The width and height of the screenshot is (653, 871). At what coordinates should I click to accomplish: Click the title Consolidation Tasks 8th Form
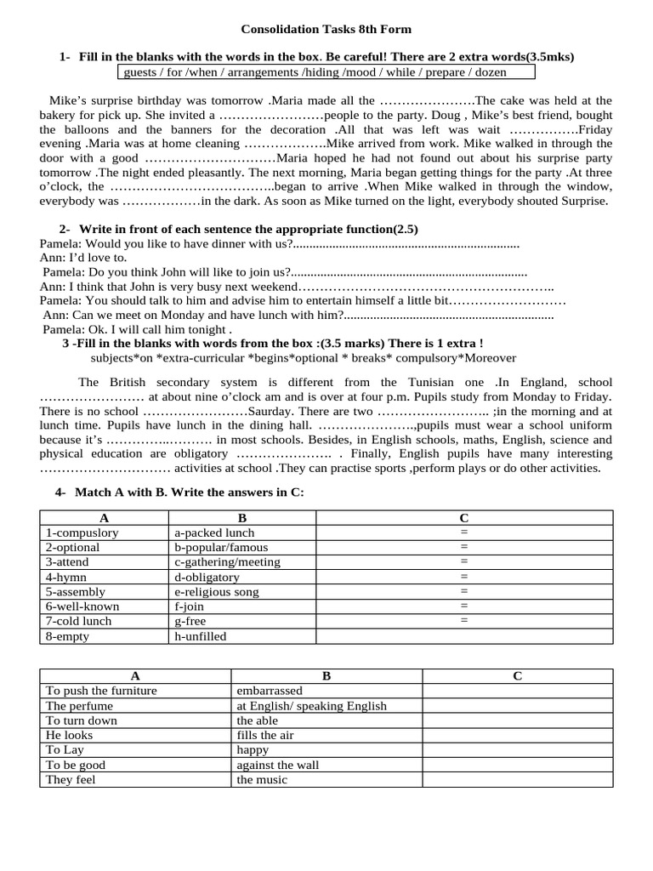pyautogui.click(x=326, y=29)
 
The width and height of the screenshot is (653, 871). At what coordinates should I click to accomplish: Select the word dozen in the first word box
pyautogui.click(x=490, y=72)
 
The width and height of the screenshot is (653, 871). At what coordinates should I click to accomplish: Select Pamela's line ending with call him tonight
pyautogui.click(x=137, y=330)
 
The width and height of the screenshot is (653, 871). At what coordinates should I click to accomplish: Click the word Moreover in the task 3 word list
pyautogui.click(x=486, y=357)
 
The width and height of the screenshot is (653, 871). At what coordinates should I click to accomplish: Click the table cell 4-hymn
pyautogui.click(x=66, y=577)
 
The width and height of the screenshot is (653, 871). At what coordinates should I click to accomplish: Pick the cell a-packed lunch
pyautogui.click(x=213, y=532)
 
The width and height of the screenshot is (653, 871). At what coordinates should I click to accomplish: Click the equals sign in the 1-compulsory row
pyautogui.click(x=464, y=532)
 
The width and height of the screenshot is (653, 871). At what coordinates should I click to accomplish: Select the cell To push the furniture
pyautogui.click(x=101, y=691)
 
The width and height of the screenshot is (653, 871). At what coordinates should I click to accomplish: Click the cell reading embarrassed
pyautogui.click(x=269, y=691)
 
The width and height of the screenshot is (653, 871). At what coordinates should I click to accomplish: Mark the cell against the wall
pyautogui.click(x=278, y=765)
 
